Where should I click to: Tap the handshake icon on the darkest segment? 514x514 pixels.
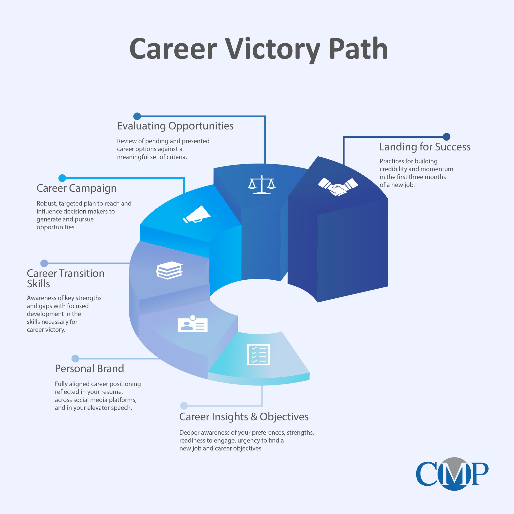(338, 186)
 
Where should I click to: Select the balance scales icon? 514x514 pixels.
(261, 185)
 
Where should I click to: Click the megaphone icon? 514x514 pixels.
(197, 214)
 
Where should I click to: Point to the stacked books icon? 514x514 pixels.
(169, 270)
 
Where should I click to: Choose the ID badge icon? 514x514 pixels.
(192, 324)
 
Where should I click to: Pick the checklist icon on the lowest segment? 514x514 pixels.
(258, 355)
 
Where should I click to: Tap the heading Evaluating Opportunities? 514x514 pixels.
(175, 126)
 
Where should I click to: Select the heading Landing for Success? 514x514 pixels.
(425, 147)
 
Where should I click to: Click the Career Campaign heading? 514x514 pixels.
(77, 188)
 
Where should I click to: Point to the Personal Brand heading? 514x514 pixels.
(89, 368)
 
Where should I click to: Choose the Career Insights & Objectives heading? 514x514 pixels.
(244, 417)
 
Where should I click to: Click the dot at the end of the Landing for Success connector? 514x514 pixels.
(446, 137)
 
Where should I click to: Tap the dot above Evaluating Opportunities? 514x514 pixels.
(137, 116)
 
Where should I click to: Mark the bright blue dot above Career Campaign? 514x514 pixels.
(62, 178)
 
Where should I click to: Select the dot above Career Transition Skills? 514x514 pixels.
(44, 263)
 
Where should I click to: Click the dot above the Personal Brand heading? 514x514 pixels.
(75, 358)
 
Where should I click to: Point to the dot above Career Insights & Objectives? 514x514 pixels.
(184, 406)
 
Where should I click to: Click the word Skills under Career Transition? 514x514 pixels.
(38, 284)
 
